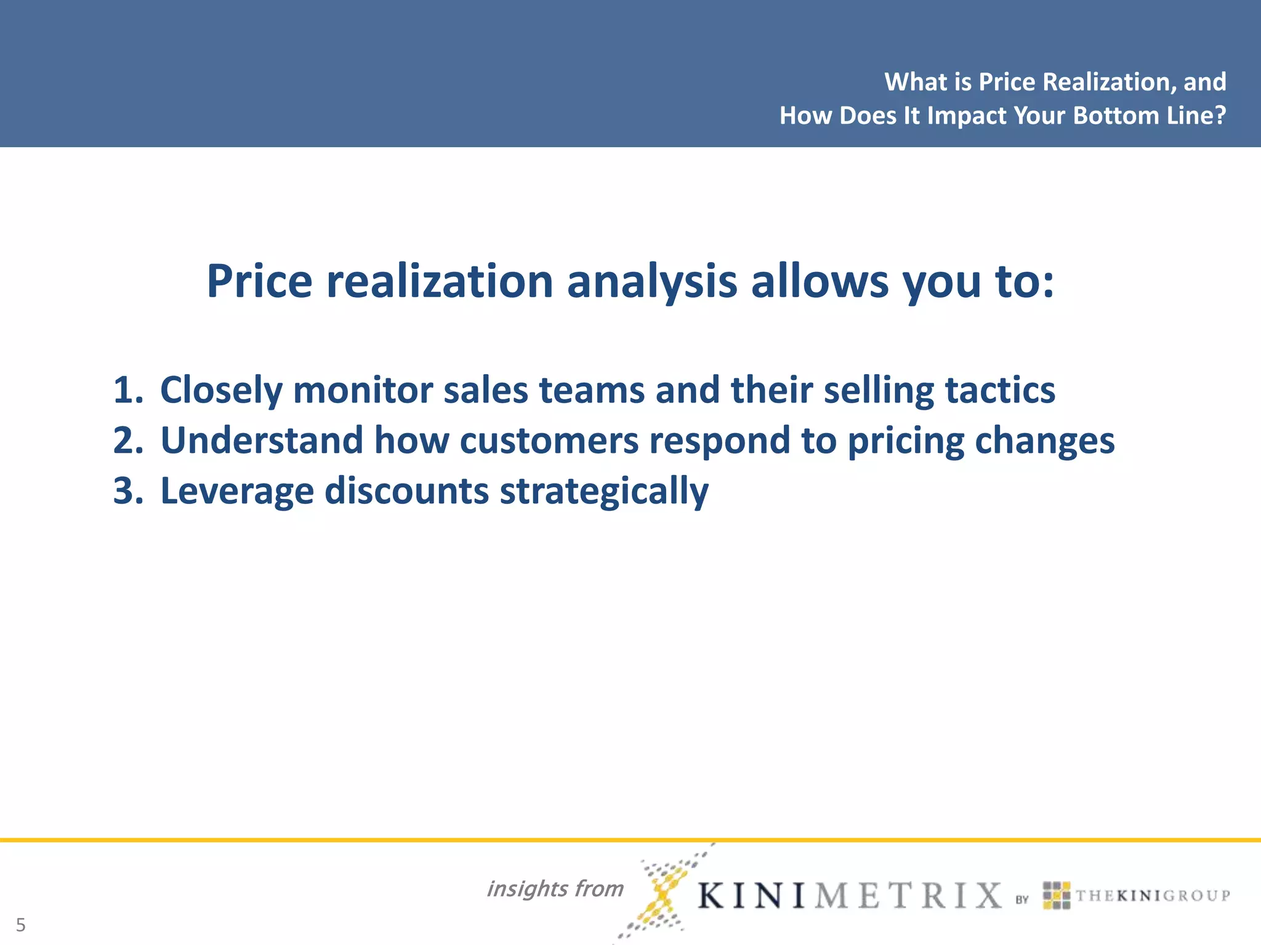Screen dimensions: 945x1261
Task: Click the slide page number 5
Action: coord(21,925)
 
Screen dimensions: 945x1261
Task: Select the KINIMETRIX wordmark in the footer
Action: coord(850,895)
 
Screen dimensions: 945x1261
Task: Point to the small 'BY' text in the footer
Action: coord(1022,899)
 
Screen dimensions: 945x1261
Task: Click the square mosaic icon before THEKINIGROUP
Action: coord(1056,895)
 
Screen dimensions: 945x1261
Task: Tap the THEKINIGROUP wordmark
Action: coord(1153,895)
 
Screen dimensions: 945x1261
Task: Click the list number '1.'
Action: coord(128,390)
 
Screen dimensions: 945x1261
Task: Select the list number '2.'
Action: coord(128,441)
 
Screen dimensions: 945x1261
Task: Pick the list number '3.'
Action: coord(128,491)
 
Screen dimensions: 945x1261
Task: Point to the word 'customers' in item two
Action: coord(549,441)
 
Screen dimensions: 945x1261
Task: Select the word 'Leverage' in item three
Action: coord(236,491)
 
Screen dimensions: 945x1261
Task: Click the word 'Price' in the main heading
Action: coord(259,282)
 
